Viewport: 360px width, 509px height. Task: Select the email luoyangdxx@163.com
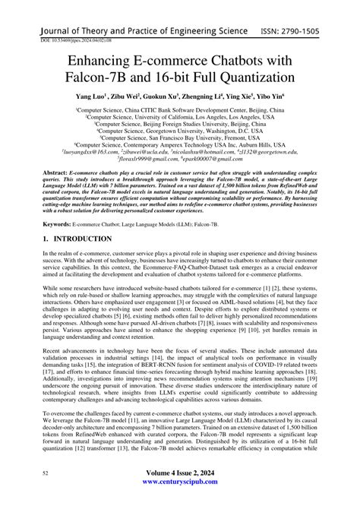(97, 154)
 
